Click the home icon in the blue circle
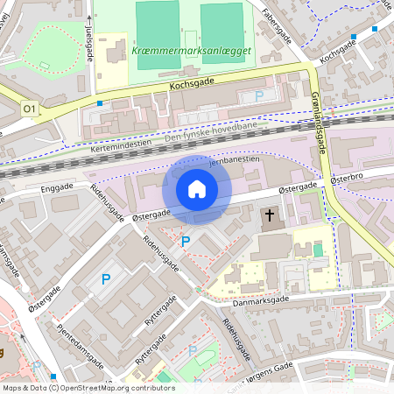(x=197, y=189)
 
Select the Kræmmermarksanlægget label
(x=192, y=51)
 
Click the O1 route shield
(x=30, y=108)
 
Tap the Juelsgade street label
(x=90, y=43)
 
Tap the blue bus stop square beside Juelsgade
(x=100, y=103)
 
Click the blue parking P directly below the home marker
(x=185, y=241)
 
